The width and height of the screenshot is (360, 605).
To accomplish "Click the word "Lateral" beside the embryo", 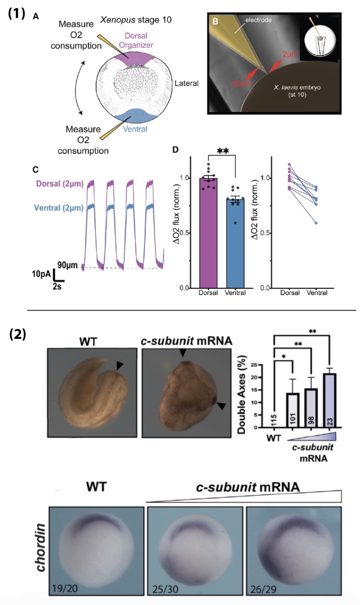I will click(x=186, y=83).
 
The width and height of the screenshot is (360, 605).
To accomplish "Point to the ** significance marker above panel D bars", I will click(x=222, y=152).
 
